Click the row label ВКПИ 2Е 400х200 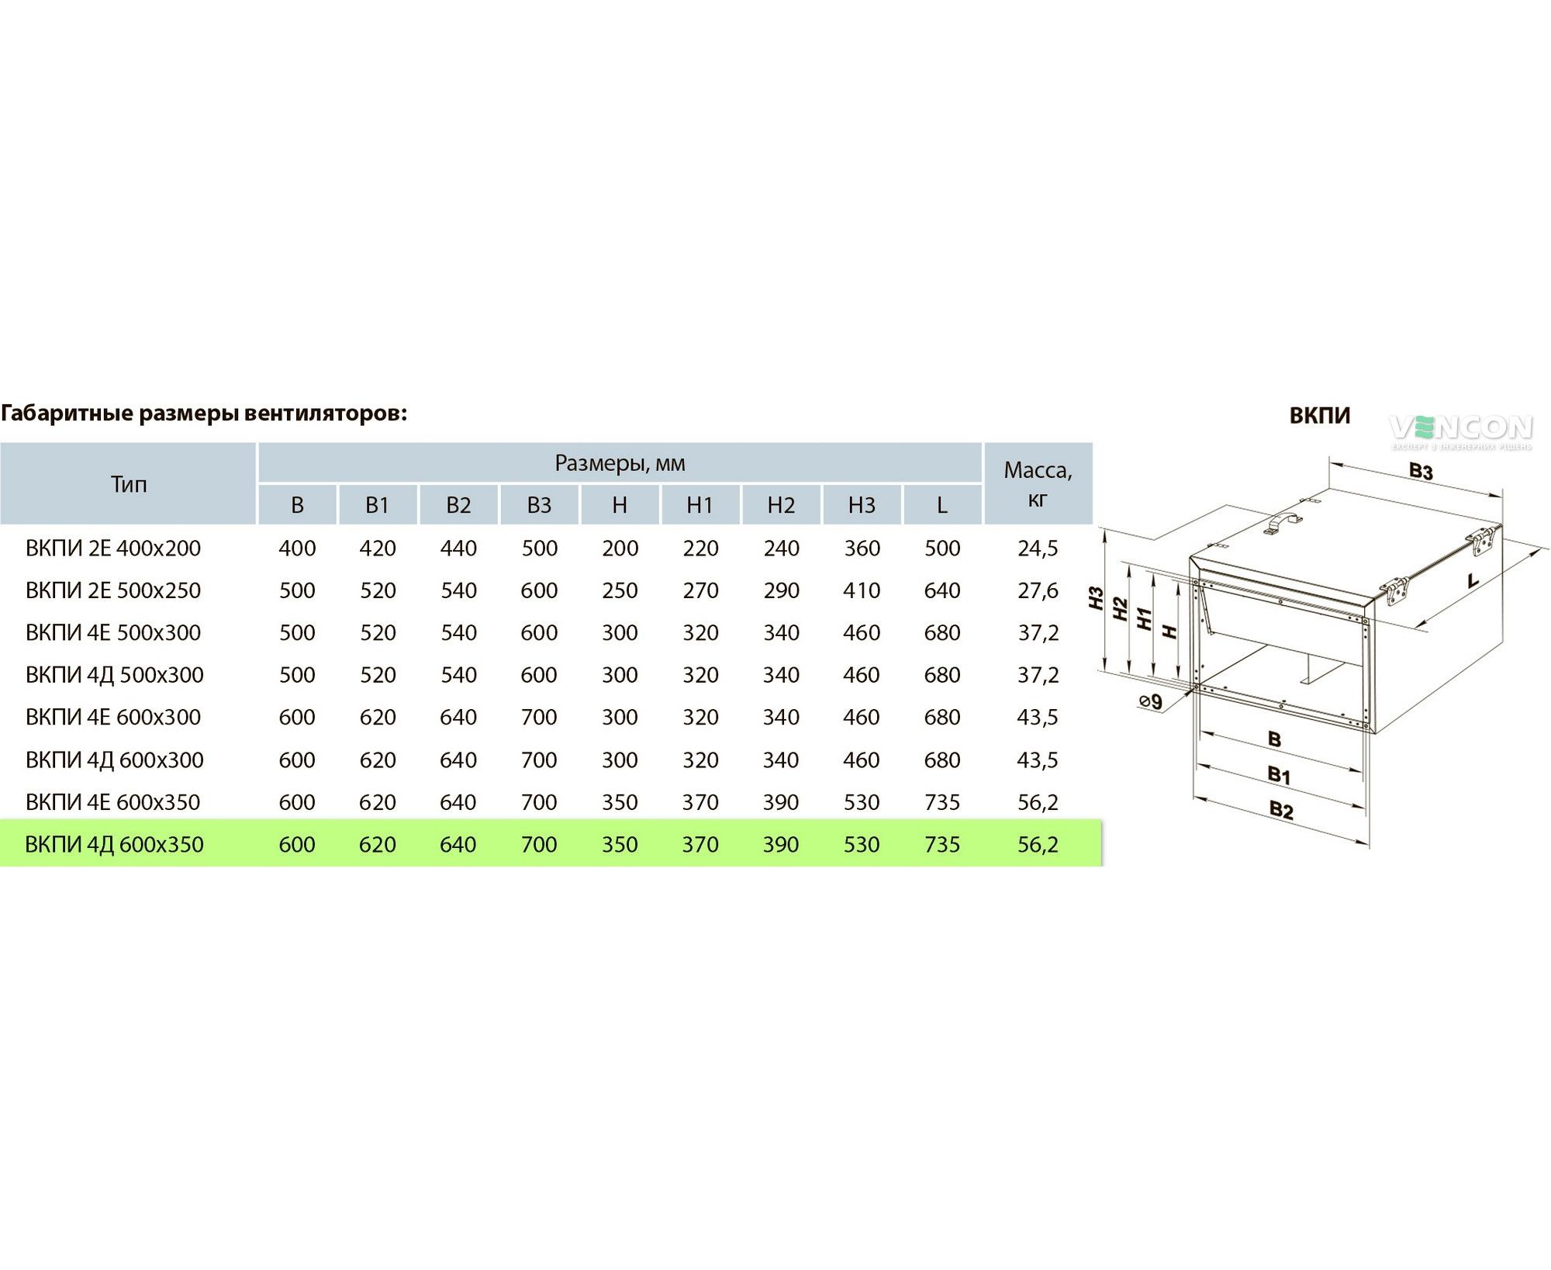click(x=113, y=548)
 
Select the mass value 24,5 click(x=1038, y=548)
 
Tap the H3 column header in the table click(x=862, y=505)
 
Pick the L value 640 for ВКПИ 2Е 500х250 click(x=942, y=590)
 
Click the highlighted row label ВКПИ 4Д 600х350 click(x=114, y=844)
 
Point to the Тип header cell click(x=129, y=484)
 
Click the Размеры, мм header click(x=620, y=464)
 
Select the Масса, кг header click(x=1038, y=484)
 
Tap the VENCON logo click(x=1461, y=430)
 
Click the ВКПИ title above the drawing click(x=1319, y=416)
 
